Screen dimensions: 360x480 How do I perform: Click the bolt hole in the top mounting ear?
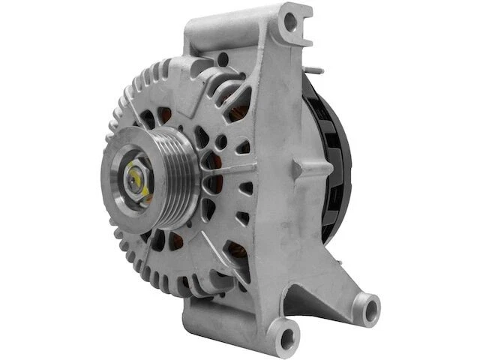289,22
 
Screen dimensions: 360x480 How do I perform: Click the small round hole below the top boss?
223,58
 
